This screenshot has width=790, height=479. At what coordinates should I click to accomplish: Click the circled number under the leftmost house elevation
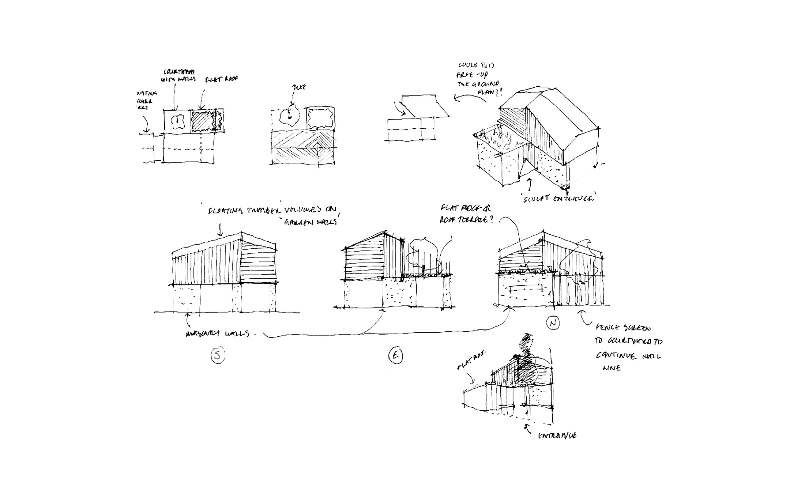[x=217, y=355]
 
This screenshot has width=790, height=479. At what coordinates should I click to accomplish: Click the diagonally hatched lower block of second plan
[x=302, y=148]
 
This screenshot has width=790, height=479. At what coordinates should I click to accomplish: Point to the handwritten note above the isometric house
[x=477, y=82]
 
